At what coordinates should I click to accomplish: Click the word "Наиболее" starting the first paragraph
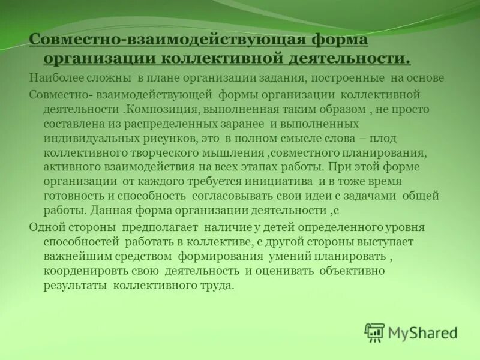pos(51,78)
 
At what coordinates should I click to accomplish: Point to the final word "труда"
pos(216,285)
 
